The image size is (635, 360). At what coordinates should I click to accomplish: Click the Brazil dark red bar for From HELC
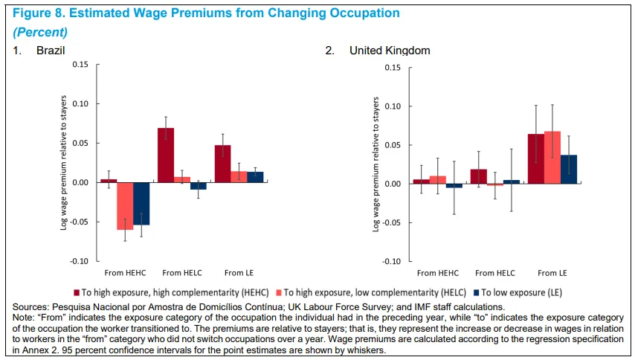(166, 155)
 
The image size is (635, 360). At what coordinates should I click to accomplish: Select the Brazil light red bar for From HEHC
(125, 206)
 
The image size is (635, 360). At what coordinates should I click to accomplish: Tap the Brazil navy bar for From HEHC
(141, 204)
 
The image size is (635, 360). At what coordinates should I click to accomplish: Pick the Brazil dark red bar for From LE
(223, 164)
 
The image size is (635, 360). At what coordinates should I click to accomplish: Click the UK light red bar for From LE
(552, 158)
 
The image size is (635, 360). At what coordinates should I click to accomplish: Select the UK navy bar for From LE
(569, 170)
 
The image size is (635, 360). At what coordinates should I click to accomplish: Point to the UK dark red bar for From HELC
(479, 176)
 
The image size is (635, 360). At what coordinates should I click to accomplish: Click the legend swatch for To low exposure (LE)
(476, 292)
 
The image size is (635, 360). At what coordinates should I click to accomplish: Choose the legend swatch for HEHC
(77, 292)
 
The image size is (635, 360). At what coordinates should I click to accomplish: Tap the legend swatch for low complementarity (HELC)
(279, 292)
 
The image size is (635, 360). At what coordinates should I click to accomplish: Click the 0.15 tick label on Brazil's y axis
(80, 65)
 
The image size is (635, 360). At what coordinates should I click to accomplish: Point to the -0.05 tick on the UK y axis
(392, 222)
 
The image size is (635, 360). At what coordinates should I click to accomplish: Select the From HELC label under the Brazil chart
(182, 273)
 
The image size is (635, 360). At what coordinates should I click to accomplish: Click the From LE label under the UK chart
(552, 273)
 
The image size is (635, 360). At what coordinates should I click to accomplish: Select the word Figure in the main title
(31, 13)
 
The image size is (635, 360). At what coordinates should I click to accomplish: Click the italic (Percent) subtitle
(40, 32)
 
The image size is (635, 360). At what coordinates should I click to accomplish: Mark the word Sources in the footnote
(30, 307)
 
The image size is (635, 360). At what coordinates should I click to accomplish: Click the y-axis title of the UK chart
(375, 164)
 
